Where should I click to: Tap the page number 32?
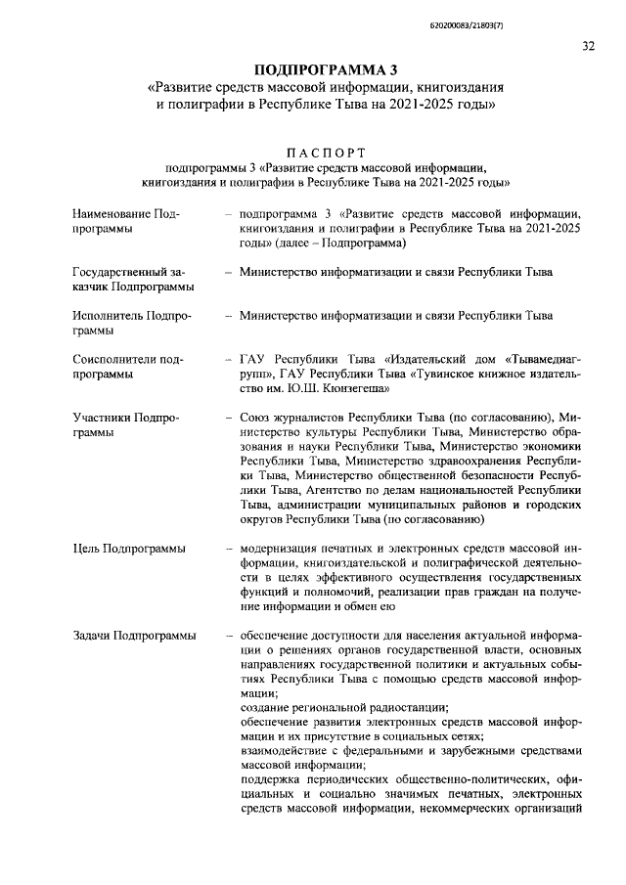click(588, 45)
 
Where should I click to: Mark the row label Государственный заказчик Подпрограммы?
click(131, 279)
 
